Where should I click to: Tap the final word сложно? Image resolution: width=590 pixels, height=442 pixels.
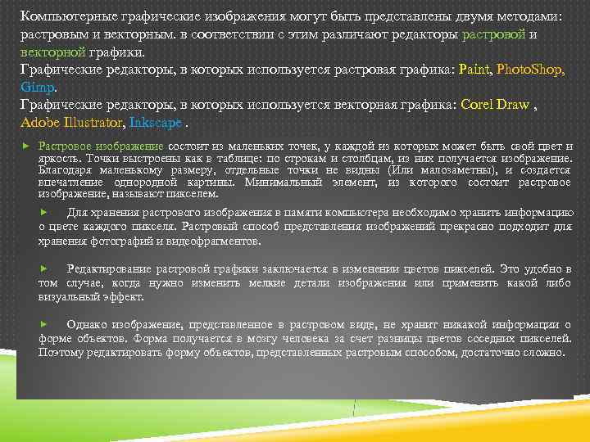click(546, 351)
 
